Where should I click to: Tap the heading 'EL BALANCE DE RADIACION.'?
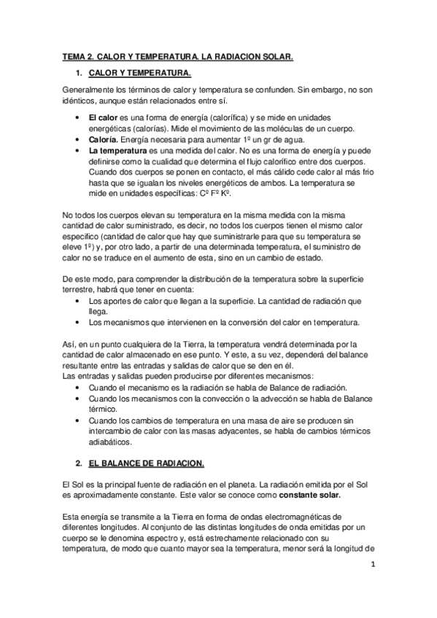click(x=147, y=463)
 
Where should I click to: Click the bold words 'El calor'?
click(x=103, y=117)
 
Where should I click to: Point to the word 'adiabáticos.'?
click(x=110, y=442)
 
